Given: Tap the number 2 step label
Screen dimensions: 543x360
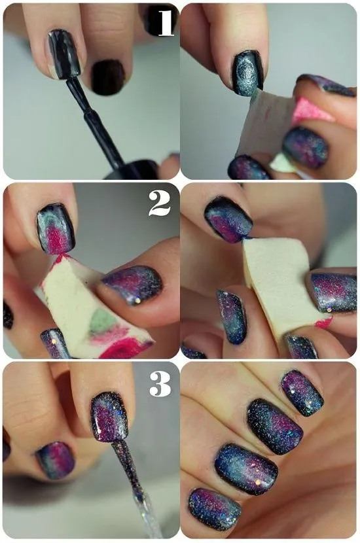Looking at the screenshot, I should click(x=160, y=204).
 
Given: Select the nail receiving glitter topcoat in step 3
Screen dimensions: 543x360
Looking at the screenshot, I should click(x=109, y=416).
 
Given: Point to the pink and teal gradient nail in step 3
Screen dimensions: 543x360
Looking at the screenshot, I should click(x=55, y=459).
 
